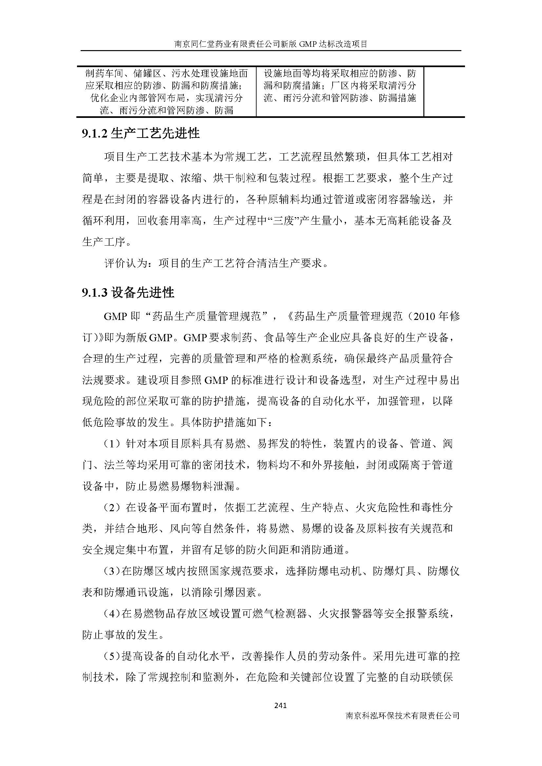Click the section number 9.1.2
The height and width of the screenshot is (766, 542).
pos(94,134)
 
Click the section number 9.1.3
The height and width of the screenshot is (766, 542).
pos(94,293)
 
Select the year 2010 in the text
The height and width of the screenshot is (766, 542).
pos(423,316)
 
